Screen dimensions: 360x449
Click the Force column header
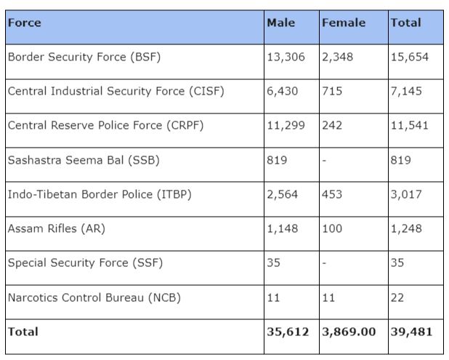click(x=24, y=23)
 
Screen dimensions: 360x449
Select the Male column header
click(x=281, y=23)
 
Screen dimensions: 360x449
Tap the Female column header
click(x=344, y=23)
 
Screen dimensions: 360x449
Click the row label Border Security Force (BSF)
click(x=84, y=57)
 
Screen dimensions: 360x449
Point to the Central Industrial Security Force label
click(x=116, y=92)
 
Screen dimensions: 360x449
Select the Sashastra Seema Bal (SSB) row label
click(x=83, y=160)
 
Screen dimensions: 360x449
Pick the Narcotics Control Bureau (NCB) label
click(x=94, y=297)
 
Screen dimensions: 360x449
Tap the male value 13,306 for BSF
click(x=286, y=57)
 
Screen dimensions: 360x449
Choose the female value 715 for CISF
click(x=333, y=92)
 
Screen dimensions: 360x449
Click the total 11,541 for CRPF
click(x=410, y=126)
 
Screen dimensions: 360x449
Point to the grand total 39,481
click(x=411, y=332)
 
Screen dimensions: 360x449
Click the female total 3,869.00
click(x=349, y=332)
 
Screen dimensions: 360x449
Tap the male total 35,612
click(x=288, y=332)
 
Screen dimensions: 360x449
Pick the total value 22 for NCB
click(x=397, y=297)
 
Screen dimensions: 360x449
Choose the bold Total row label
click(x=23, y=332)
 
